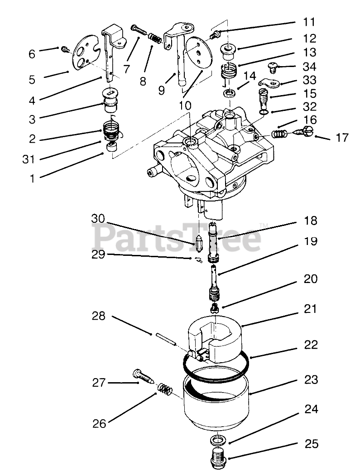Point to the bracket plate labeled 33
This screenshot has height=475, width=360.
[x=271, y=83]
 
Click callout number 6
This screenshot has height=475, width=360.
[x=31, y=54]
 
